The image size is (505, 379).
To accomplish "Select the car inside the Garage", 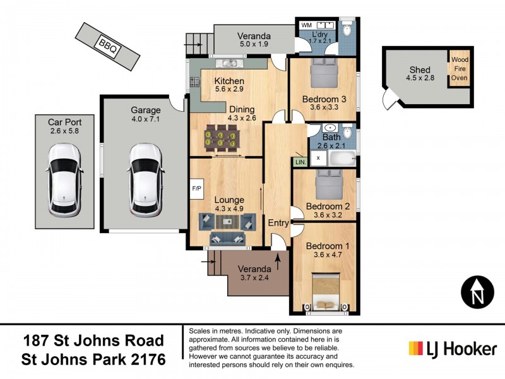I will click(146, 179).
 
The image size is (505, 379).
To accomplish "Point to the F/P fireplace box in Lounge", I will click(196, 188).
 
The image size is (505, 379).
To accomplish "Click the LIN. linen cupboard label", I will click(299, 162).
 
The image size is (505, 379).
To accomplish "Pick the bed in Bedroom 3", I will click(325, 75).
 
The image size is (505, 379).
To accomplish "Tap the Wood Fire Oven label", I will click(459, 69).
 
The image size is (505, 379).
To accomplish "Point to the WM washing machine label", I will click(307, 25).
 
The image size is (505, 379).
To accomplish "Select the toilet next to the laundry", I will click(347, 30).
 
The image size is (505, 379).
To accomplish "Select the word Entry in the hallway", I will click(278, 223).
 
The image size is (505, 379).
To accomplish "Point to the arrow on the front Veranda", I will click(277, 258).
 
